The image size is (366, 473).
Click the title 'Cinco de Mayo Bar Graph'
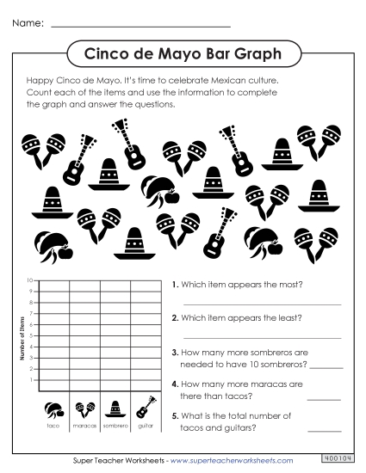tap(183, 54)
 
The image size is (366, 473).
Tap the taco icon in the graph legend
tap(54, 408)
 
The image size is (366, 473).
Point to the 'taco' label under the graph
tap(54, 425)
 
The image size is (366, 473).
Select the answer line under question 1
tap(262, 304)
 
